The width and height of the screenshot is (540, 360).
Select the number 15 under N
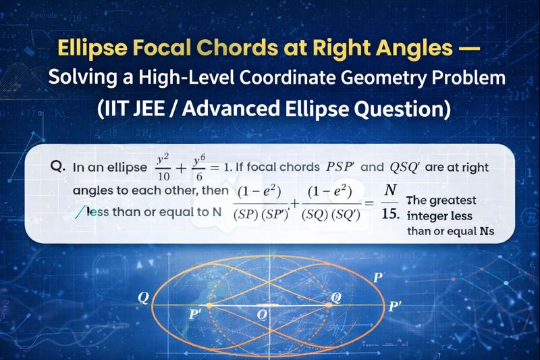tap(389, 214)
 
